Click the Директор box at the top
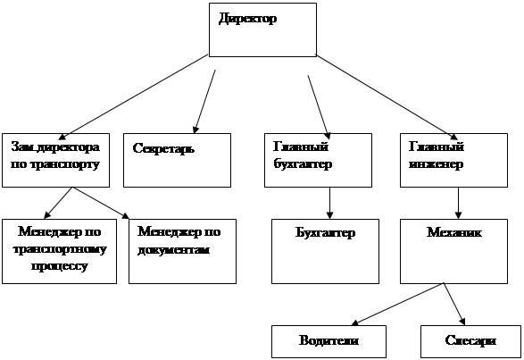pyautogui.click(x=262, y=29)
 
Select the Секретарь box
pyautogui.click(x=177, y=160)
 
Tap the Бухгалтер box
pyautogui.click(x=325, y=251)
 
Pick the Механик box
pyautogui.click(x=453, y=251)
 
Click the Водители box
pyautogui.click(x=329, y=341)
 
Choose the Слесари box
pyautogui.click(x=470, y=341)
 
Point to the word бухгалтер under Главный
pyautogui.click(x=303, y=164)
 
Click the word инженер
pyautogui.click(x=437, y=164)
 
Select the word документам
pyautogui.click(x=174, y=250)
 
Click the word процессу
pyautogui.click(x=60, y=267)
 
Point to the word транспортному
pyautogui.click(x=60, y=249)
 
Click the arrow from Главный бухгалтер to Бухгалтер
pyautogui.click(x=329, y=203)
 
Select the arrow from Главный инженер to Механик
pyautogui.click(x=458, y=203)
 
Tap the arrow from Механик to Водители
pyautogui.click(x=397, y=304)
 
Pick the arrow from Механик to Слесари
pyautogui.click(x=454, y=304)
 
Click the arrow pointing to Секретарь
pyautogui.click(x=204, y=101)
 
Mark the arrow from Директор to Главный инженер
pyautogui.click(x=387, y=97)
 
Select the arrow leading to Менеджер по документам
pyautogui.click(x=101, y=203)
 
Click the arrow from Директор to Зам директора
pyautogui.click(x=133, y=96)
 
